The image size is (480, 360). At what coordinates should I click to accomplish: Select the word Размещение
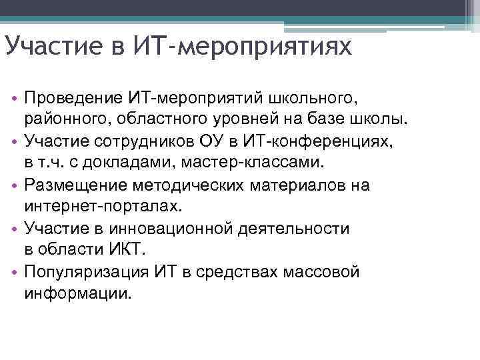74,185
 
